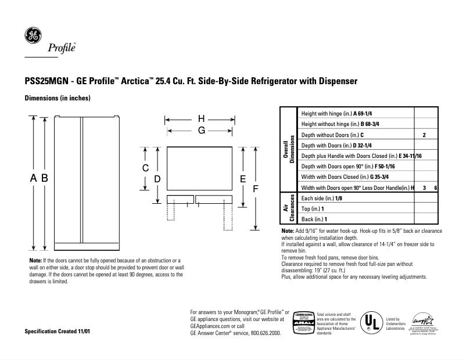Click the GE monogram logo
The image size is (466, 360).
coord(32,36)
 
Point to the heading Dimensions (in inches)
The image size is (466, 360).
coord(57,99)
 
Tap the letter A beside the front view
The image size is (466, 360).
coord(34,179)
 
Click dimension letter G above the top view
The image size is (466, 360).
coord(202,131)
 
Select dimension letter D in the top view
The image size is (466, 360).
coord(157,179)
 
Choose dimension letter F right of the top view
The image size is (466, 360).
coord(256,189)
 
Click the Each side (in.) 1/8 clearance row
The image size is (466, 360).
coord(322,198)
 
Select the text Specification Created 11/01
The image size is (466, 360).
coord(58,330)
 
